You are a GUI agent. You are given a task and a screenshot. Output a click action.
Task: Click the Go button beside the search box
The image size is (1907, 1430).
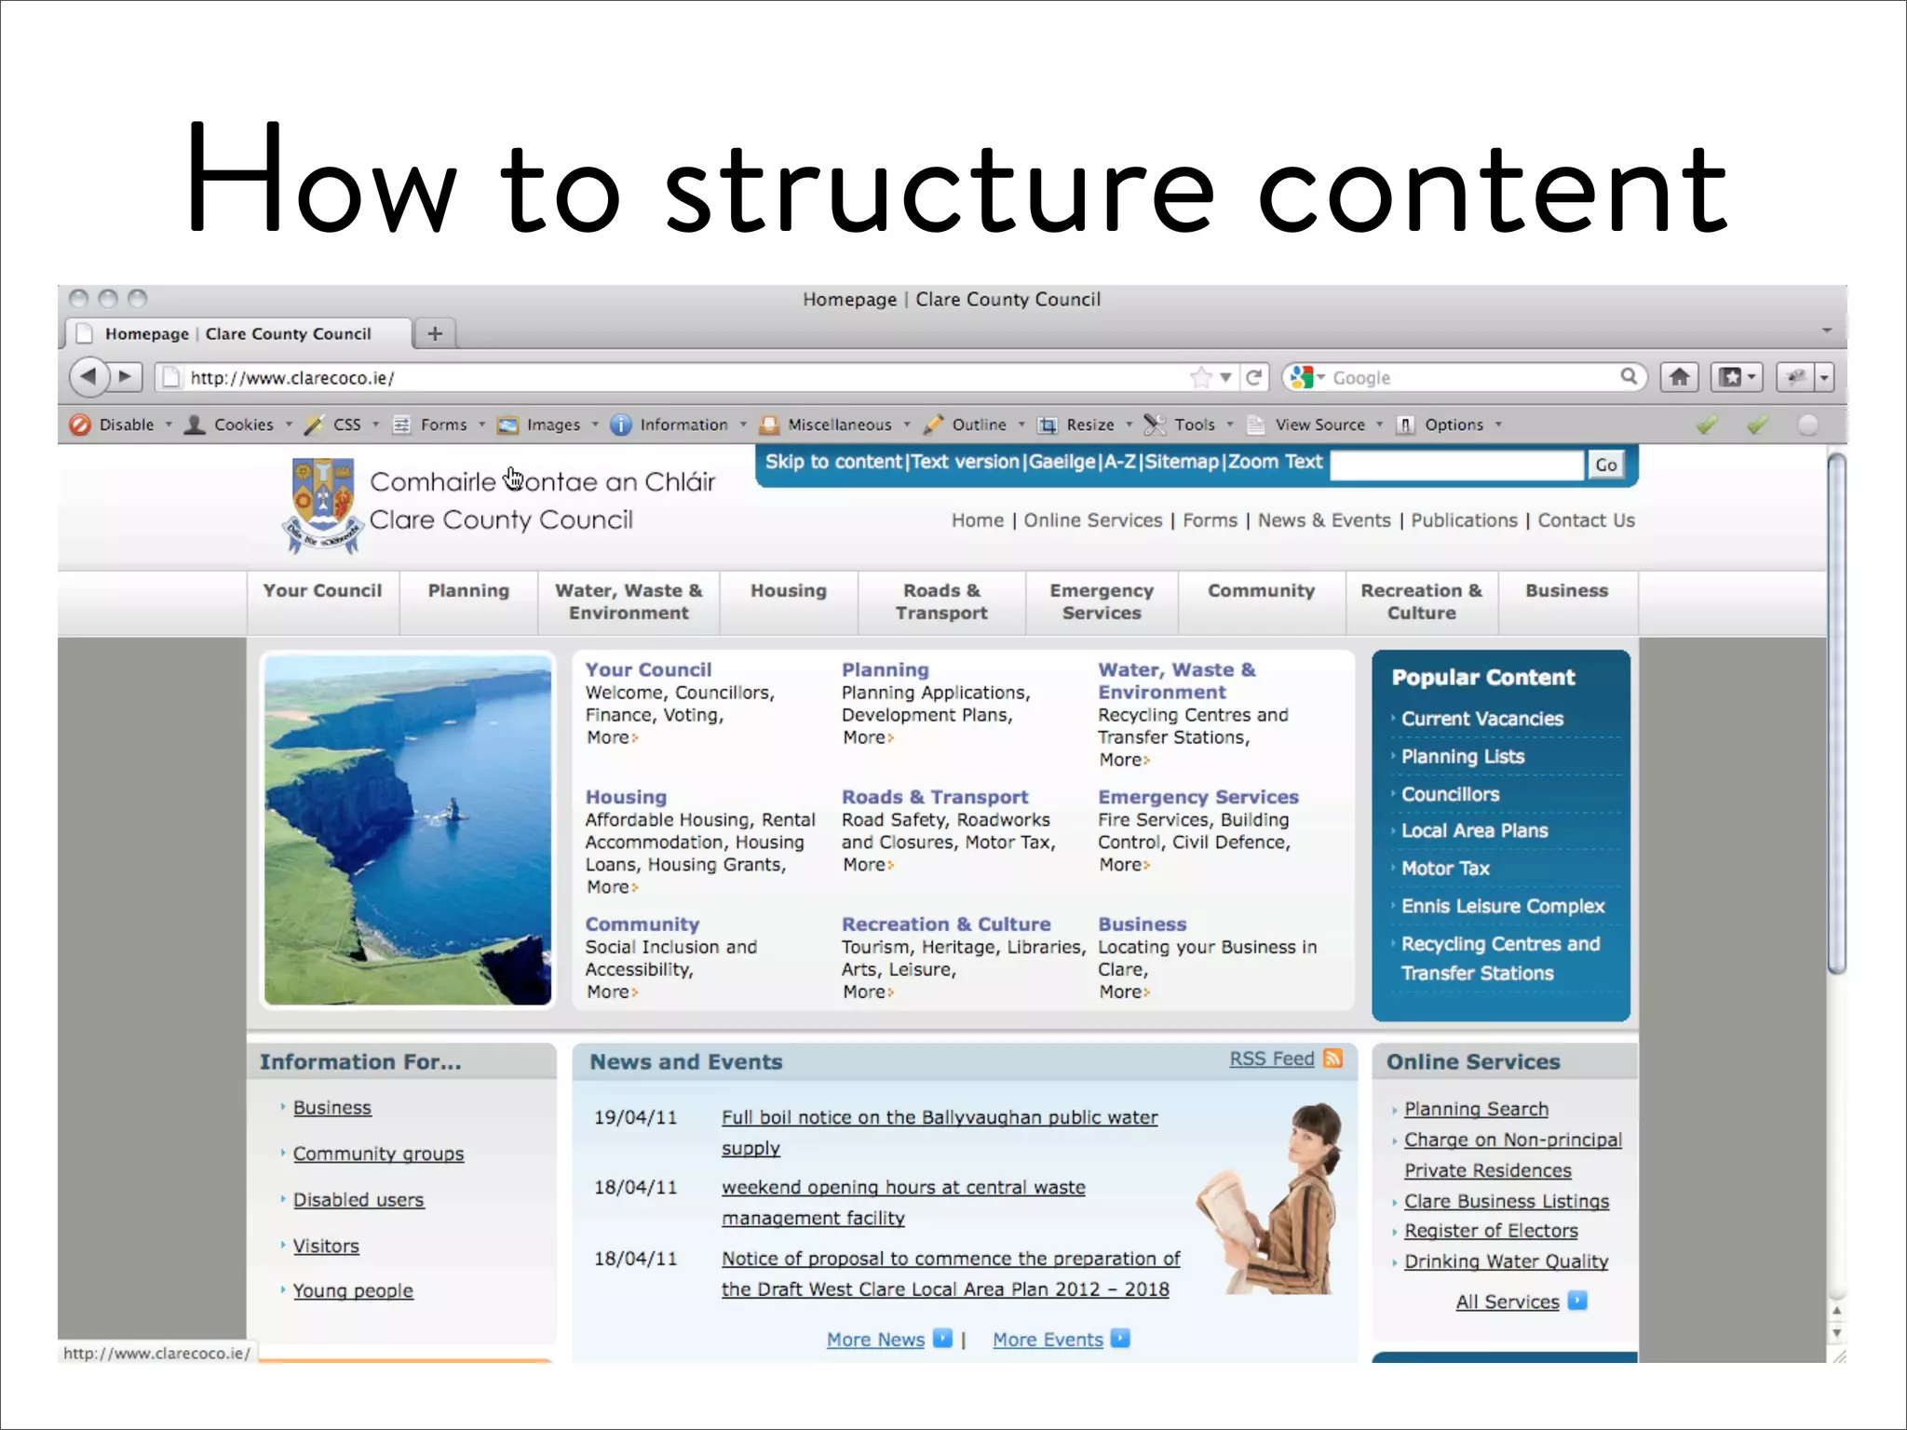pos(1606,465)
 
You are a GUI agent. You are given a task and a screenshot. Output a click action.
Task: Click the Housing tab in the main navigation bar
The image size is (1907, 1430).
pos(788,591)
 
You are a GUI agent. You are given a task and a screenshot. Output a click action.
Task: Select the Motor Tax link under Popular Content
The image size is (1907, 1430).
pos(1445,869)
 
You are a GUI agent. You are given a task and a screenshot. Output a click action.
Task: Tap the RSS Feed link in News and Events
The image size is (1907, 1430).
pos(1272,1059)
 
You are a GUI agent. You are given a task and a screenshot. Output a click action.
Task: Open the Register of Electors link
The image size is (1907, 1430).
pos(1491,1231)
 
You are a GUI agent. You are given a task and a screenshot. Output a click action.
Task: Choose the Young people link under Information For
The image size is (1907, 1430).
pos(353,1290)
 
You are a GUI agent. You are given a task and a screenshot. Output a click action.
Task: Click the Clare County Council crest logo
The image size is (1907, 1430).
pos(322,504)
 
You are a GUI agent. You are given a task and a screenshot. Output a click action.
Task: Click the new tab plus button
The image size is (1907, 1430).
pos(435,333)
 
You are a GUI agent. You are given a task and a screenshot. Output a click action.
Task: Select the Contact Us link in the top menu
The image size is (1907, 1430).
pos(1586,520)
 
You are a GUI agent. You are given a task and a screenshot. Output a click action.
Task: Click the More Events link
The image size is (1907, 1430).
pos(1048,1340)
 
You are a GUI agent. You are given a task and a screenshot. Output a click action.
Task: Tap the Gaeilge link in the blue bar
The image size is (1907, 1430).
pos(1062,462)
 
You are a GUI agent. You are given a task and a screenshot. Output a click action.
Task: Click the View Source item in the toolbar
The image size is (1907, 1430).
pos(1319,425)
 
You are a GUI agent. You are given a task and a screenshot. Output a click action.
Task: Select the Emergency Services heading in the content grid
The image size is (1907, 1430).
pos(1197,797)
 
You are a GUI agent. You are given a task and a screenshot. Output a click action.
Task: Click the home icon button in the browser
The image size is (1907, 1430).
pos(1679,377)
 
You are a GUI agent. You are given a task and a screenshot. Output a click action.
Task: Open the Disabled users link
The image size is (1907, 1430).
pos(358,1200)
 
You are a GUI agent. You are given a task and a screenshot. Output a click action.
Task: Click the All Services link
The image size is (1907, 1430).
pos(1508,1302)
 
